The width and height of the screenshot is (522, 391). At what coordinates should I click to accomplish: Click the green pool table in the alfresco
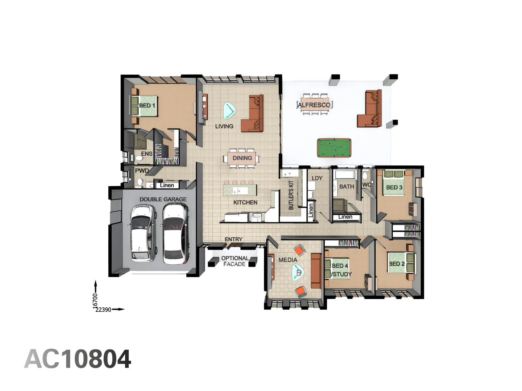coord(334,148)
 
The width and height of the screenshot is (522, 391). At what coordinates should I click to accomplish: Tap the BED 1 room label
coord(147,105)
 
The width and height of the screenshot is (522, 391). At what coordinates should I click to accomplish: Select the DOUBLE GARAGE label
coord(163,199)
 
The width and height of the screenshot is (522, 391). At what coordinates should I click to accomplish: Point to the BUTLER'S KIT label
coord(291,195)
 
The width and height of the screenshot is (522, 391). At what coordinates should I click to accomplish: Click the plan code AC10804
coord(78,359)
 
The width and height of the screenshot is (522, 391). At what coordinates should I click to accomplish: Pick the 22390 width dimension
coord(103,310)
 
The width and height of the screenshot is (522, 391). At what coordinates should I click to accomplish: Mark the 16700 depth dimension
coord(95,300)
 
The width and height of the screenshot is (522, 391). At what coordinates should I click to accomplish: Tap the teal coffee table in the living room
coord(229,110)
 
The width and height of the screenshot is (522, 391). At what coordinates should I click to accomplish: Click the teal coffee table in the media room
coord(298,272)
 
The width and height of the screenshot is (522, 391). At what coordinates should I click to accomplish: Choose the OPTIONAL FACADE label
coord(235,261)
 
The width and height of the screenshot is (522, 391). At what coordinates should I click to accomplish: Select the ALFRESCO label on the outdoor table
coord(314,105)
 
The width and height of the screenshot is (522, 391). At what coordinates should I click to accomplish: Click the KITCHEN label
coord(245,202)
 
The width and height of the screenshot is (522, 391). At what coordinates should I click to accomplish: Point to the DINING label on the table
coord(242,158)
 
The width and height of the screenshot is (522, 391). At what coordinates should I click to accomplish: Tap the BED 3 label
coord(394,187)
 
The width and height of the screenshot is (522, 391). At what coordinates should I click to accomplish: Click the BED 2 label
coord(397,264)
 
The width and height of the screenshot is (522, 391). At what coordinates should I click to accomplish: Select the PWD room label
coord(142,171)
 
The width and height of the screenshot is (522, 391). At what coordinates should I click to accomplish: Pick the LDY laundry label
coord(317,178)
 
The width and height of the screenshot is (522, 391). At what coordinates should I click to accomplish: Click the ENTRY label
coord(233,239)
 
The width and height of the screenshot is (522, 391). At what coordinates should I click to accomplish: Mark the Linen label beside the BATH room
coord(345,217)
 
